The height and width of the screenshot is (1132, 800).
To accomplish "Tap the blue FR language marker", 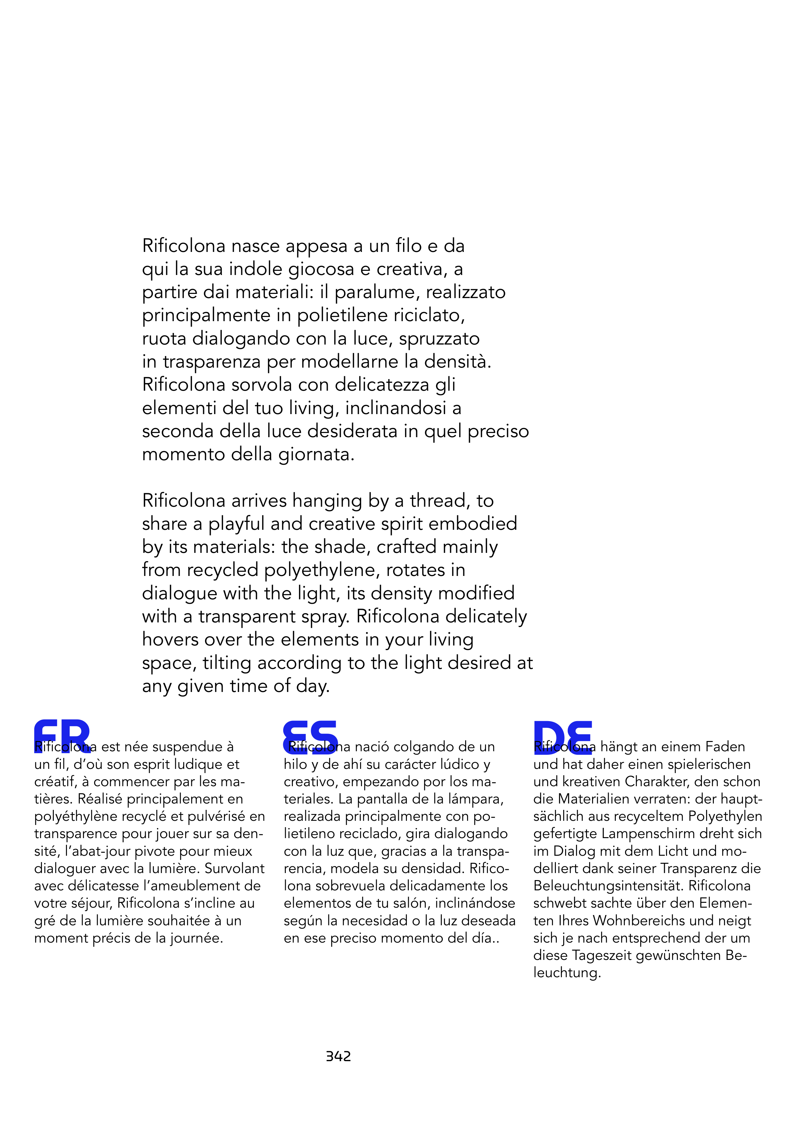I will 62,736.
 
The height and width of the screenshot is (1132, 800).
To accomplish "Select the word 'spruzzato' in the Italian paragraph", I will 439,339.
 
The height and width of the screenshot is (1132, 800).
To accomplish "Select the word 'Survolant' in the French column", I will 235,868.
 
